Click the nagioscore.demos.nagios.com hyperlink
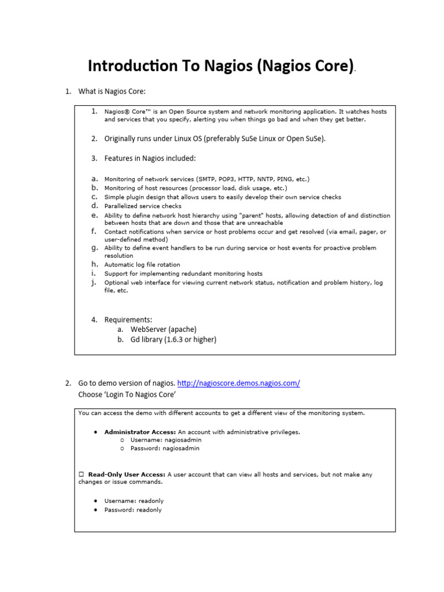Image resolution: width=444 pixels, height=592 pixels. point(238,383)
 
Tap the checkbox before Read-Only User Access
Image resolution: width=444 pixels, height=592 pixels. point(82,475)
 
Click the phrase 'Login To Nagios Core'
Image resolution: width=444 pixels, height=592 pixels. point(127,395)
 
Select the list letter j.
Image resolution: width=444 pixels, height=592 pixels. point(93,283)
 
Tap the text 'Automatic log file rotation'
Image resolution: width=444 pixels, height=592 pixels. point(142,265)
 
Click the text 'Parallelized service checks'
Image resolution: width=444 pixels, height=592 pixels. point(143,206)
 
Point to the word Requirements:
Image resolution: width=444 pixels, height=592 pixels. point(128,319)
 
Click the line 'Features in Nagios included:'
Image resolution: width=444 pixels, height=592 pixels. point(150,158)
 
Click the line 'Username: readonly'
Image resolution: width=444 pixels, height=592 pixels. point(134,501)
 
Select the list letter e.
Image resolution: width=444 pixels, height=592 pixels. point(94,215)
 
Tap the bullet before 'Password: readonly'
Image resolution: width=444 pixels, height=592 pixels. point(95,510)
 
